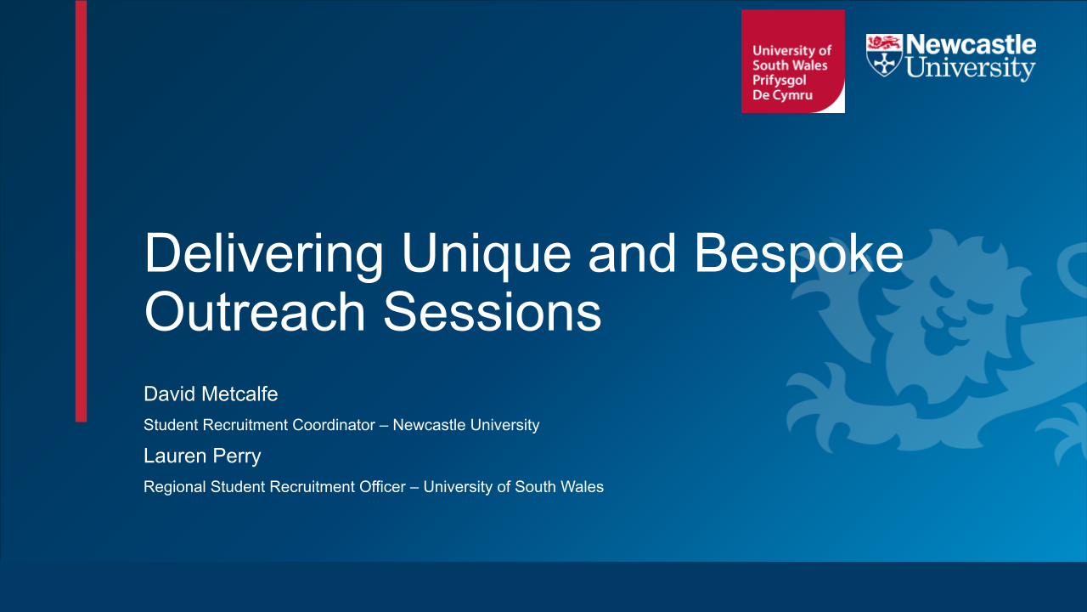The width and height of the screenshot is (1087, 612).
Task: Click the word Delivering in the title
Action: [x=264, y=256]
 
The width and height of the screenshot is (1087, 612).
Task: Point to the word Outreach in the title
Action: [x=255, y=312]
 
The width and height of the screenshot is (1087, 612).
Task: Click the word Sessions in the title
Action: [x=493, y=312]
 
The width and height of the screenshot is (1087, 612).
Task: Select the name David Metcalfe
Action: [x=211, y=394]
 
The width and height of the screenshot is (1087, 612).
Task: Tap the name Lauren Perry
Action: [x=202, y=456]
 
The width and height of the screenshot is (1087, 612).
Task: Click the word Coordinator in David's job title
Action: [x=334, y=425]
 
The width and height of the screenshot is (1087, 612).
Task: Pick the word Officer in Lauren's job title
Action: [x=382, y=487]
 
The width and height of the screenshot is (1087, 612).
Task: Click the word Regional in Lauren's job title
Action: [x=175, y=488]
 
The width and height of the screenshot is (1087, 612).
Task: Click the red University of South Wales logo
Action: [x=793, y=61]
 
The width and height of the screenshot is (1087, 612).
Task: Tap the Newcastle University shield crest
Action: [x=884, y=55]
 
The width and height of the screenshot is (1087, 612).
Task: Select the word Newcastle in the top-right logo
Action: [x=971, y=45]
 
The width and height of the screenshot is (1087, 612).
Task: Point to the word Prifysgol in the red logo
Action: [x=780, y=81]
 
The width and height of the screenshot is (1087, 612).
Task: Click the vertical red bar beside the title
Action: [x=81, y=211]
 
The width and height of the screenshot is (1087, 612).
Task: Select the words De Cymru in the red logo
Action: [x=782, y=95]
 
